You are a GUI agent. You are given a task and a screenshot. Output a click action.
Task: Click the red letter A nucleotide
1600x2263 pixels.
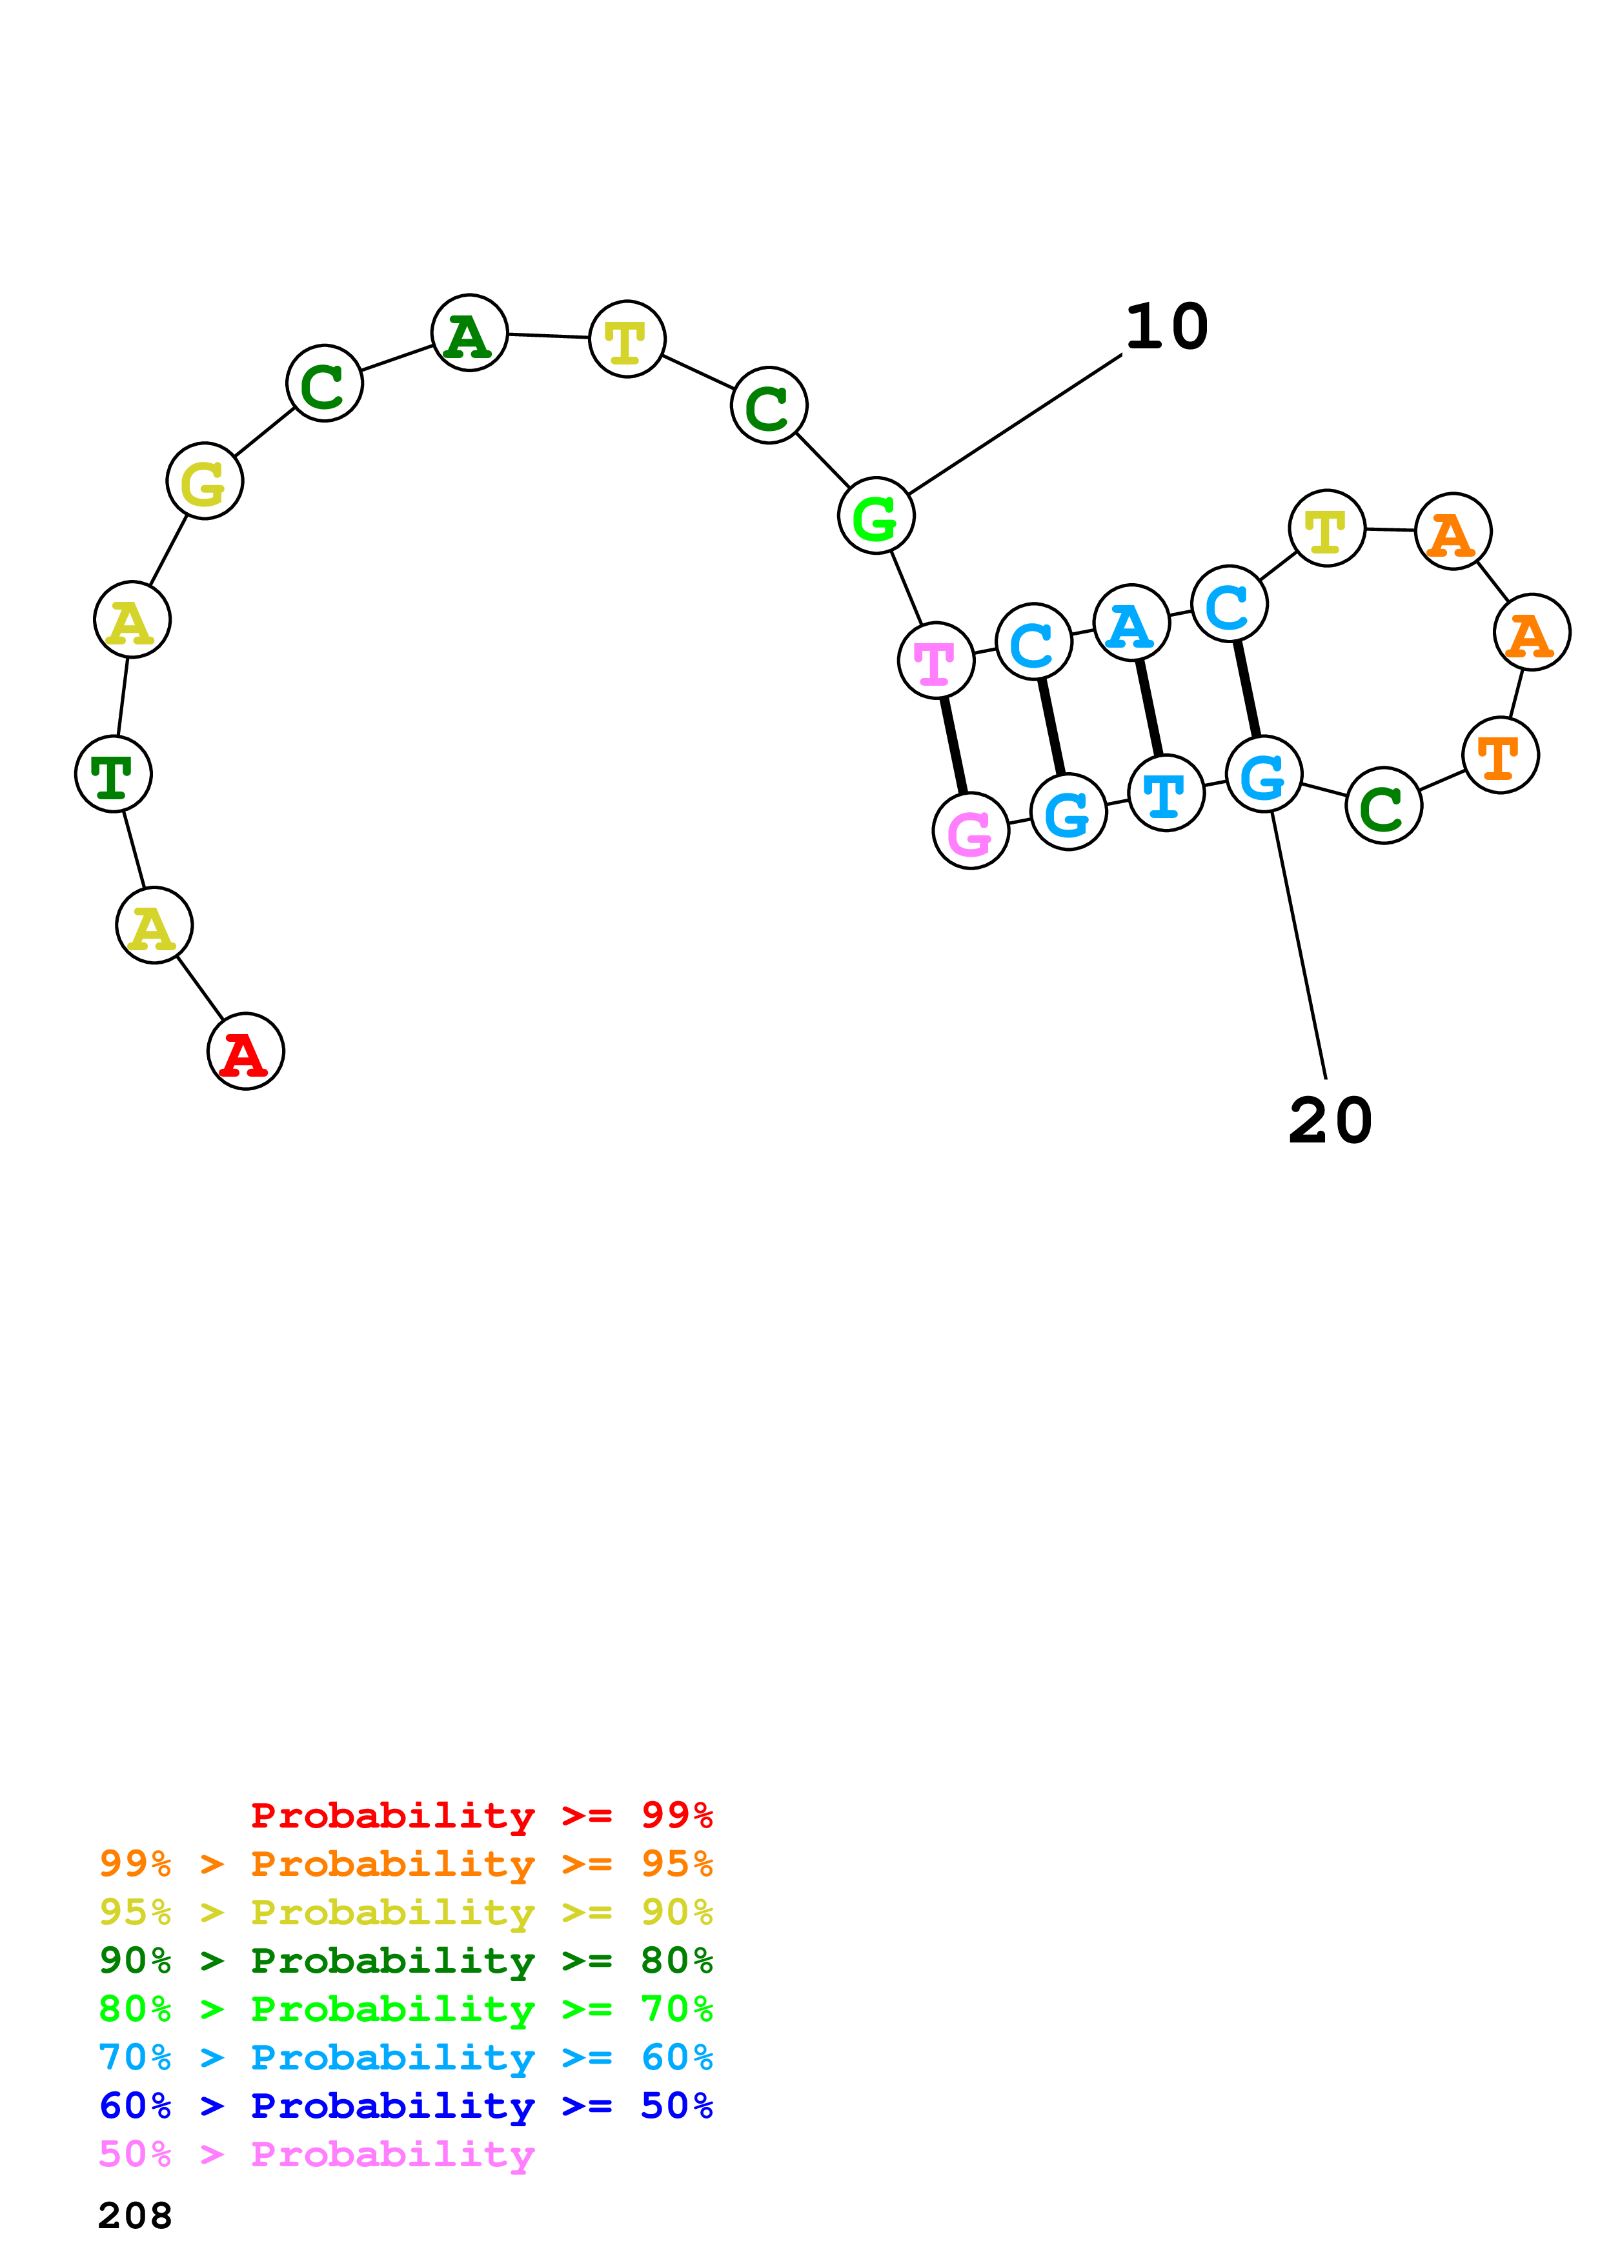(x=245, y=1052)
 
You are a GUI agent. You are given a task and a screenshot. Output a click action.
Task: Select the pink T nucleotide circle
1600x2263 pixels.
(x=936, y=661)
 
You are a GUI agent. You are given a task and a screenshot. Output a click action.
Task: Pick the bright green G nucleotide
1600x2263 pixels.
(x=875, y=515)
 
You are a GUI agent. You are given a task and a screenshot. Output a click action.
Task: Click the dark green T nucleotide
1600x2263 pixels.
(x=114, y=775)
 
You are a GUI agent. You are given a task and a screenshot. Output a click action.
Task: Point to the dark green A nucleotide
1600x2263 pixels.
(x=469, y=333)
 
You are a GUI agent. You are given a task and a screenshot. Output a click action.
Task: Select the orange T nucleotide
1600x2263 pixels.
(x=1499, y=756)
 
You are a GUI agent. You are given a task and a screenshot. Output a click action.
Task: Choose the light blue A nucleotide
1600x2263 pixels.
(x=1131, y=623)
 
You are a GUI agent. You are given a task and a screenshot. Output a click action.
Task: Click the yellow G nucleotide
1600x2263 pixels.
(x=205, y=481)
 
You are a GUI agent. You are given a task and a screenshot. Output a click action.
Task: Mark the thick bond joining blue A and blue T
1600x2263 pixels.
(x=1148, y=708)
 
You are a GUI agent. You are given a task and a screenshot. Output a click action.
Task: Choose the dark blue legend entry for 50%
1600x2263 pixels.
(x=406, y=2106)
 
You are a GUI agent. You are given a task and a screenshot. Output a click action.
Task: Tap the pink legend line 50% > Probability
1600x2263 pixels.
(x=316, y=2153)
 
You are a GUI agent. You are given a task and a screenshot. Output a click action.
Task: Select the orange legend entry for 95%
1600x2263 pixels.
(x=406, y=1864)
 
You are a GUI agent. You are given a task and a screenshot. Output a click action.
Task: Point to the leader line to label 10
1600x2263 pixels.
(x=1015, y=424)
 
